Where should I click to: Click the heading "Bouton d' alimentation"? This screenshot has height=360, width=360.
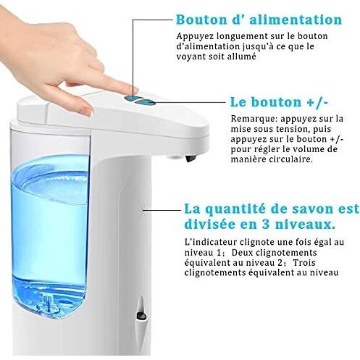[259, 20]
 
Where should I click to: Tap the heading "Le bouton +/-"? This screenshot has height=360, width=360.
[279, 102]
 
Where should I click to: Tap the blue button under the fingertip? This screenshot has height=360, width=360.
[132, 98]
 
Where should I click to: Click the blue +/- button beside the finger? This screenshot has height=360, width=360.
[146, 102]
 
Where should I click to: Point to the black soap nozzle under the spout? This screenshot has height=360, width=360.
[190, 158]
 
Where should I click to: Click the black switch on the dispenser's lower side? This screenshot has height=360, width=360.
[141, 315]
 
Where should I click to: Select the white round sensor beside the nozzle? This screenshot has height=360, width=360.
[175, 158]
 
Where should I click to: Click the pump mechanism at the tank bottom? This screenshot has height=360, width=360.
[49, 302]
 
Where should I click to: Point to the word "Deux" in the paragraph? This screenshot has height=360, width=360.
[242, 253]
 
